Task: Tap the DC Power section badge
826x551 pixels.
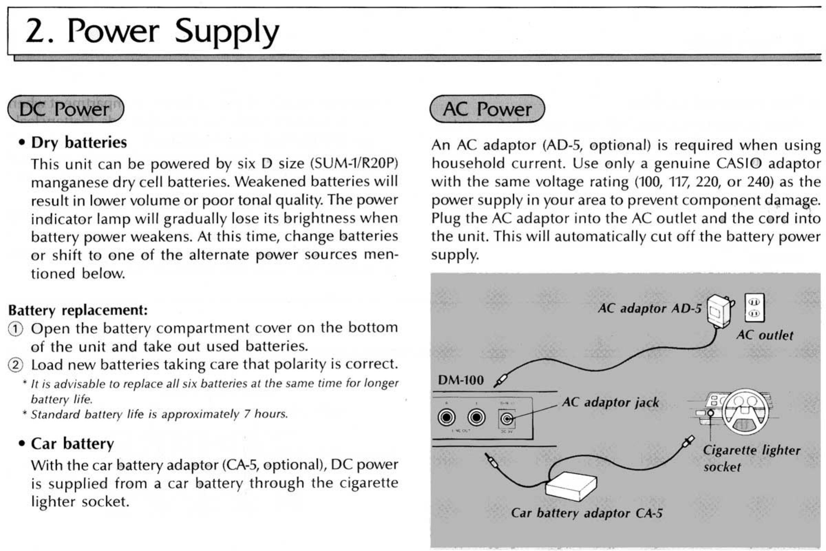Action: click(65, 109)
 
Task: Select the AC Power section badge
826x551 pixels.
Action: click(487, 109)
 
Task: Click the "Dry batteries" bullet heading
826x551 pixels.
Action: click(79, 143)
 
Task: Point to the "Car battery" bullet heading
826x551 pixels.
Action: click(72, 444)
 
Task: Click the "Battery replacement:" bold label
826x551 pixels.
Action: click(78, 310)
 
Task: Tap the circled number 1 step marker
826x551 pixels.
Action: click(15, 329)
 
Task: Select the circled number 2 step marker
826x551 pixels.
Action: click(15, 365)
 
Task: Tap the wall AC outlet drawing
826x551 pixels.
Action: click(754, 308)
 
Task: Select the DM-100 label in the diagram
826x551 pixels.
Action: click(460, 380)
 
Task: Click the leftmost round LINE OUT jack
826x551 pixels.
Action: click(446, 418)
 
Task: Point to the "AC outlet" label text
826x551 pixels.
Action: click(764, 335)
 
